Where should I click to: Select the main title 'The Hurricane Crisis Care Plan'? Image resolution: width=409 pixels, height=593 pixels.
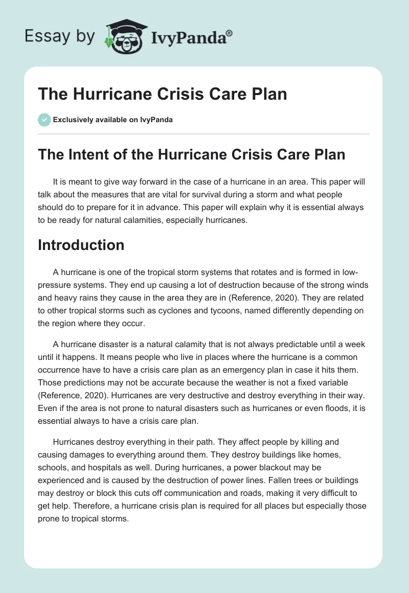click(163, 94)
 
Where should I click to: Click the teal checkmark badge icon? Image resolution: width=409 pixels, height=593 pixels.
click(44, 120)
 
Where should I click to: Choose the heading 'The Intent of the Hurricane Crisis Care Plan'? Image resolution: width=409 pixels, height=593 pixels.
click(192, 154)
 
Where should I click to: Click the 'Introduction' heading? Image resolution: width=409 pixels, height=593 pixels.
click(81, 245)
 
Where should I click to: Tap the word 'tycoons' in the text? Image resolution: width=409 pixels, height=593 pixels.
click(234, 312)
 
